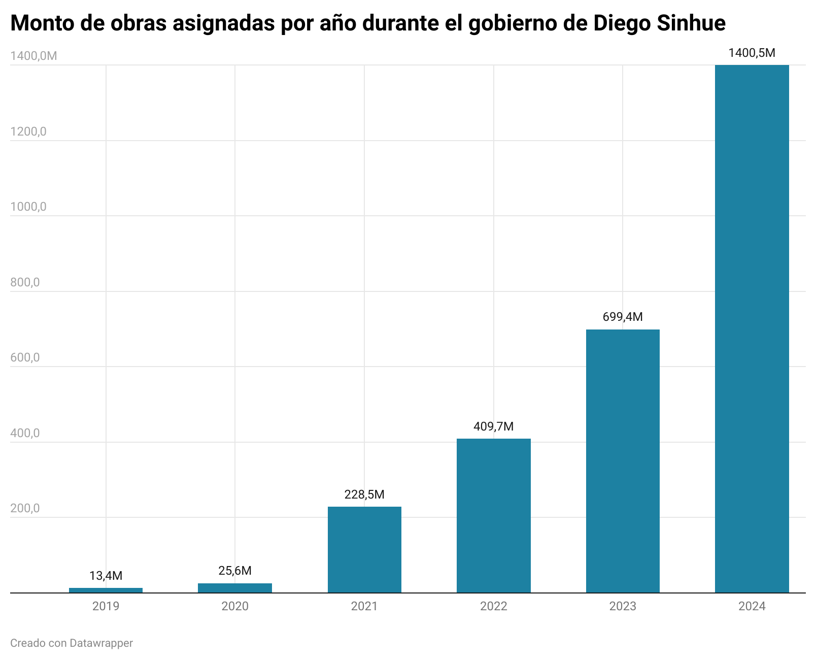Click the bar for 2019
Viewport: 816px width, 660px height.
coord(106,590)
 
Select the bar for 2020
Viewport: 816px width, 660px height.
coord(235,588)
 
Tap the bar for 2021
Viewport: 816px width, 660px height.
coord(364,549)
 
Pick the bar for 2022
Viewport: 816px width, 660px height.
coord(494,515)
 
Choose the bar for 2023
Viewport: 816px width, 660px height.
coord(623,460)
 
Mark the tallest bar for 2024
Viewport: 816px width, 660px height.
coord(752,328)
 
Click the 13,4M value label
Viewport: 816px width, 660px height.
coord(106,576)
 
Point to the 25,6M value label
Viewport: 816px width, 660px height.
coord(235,571)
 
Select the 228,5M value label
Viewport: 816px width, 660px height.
coord(364,494)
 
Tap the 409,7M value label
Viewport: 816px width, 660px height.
coord(494,426)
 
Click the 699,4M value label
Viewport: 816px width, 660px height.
coord(623,317)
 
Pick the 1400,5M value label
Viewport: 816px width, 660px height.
coord(752,53)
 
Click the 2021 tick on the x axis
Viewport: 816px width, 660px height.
coord(364,606)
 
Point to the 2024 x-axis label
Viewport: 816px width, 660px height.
coord(752,606)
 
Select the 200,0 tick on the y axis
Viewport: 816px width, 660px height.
coord(25,509)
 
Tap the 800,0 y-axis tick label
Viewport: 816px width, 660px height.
coord(25,282)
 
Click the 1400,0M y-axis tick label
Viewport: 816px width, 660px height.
coord(33,56)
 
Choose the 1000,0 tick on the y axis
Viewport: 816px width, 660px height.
coord(28,207)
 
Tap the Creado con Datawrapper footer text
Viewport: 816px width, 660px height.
coord(72,643)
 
